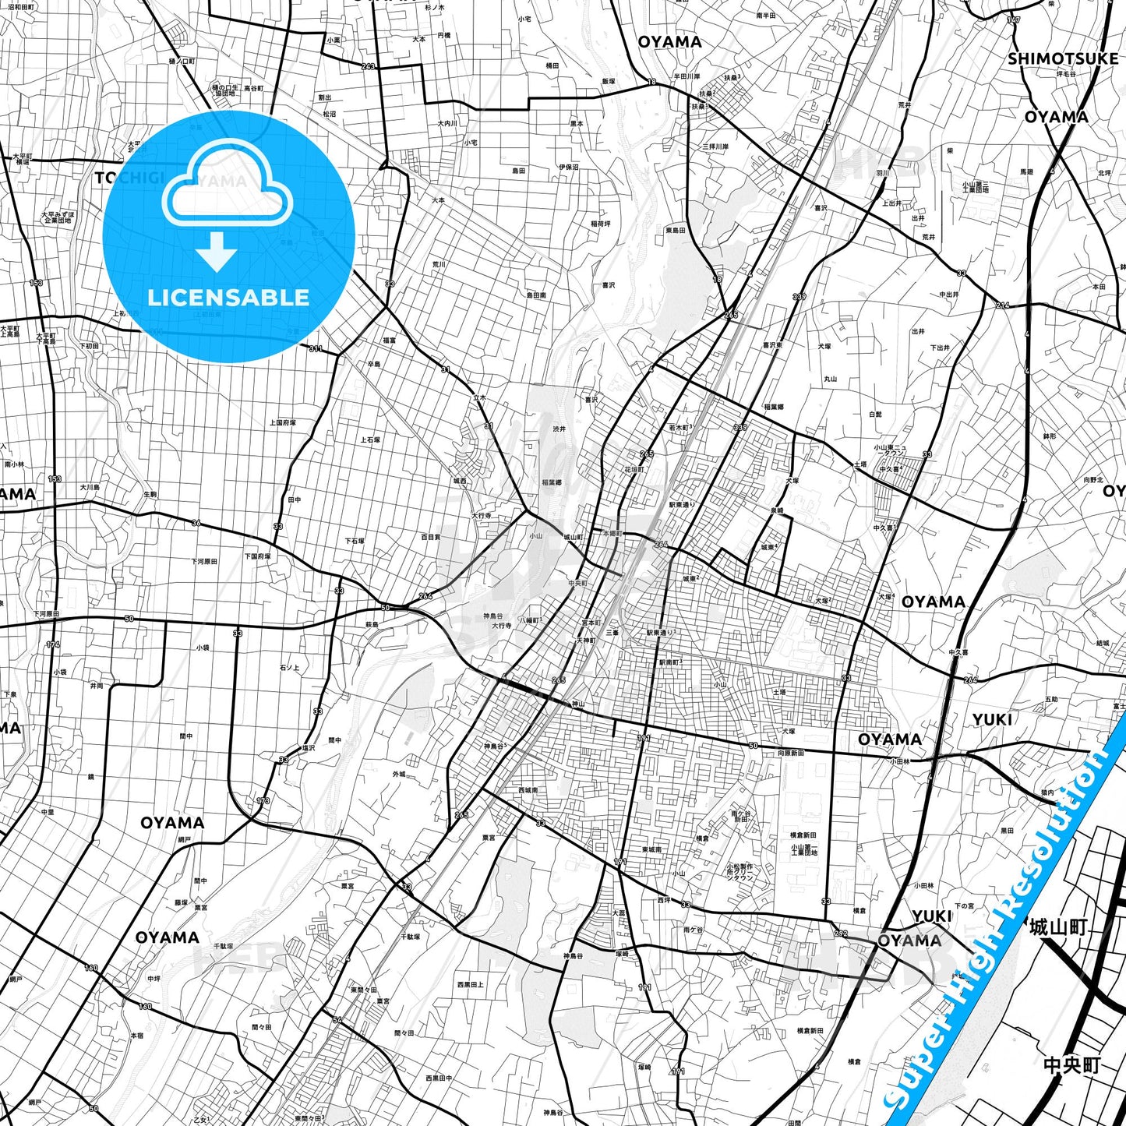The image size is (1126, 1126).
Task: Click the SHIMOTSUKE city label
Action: [1062, 58]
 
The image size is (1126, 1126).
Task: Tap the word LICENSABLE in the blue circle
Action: [228, 298]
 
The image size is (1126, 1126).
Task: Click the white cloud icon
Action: [227, 185]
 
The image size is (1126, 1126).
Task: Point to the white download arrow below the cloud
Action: [217, 252]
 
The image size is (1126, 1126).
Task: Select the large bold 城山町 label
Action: [1057, 927]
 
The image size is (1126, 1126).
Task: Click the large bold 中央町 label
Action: [1071, 1065]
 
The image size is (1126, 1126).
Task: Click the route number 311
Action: [316, 348]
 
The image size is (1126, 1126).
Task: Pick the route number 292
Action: [841, 933]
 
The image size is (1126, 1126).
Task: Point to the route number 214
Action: [1002, 305]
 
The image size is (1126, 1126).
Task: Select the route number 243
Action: [368, 67]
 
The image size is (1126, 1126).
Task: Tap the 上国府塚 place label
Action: [282, 422]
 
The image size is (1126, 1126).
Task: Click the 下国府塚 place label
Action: [257, 556]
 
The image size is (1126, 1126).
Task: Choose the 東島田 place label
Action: [675, 231]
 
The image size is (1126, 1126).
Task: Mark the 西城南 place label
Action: [532, 790]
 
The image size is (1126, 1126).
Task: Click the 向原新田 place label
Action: [790, 753]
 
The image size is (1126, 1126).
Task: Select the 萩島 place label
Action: [372, 624]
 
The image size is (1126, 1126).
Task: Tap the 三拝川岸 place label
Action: [715, 146]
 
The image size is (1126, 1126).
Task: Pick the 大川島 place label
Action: [90, 487]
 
